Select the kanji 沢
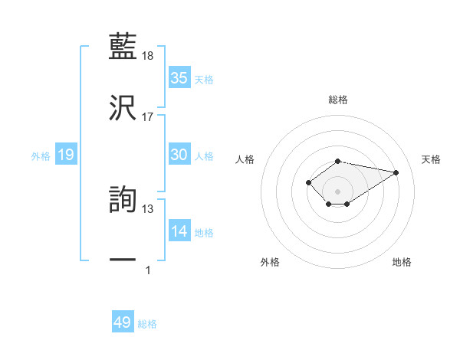click(x=123, y=106)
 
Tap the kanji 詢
click(x=123, y=198)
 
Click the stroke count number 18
click(x=148, y=56)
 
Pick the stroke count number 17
click(x=148, y=117)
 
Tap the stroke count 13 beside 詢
click(x=148, y=208)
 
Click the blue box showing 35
click(x=179, y=78)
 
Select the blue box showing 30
click(x=179, y=155)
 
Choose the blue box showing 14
click(x=179, y=232)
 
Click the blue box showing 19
click(x=66, y=155)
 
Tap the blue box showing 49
click(x=123, y=322)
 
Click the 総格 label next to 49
click(x=148, y=324)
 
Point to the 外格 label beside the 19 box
click(x=41, y=156)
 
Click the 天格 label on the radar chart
click(x=432, y=159)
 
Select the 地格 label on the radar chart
click(x=402, y=262)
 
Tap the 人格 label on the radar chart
click(x=245, y=159)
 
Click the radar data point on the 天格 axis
click(x=396, y=172)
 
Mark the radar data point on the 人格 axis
click(x=308, y=182)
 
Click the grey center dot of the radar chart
click(x=338, y=191)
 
